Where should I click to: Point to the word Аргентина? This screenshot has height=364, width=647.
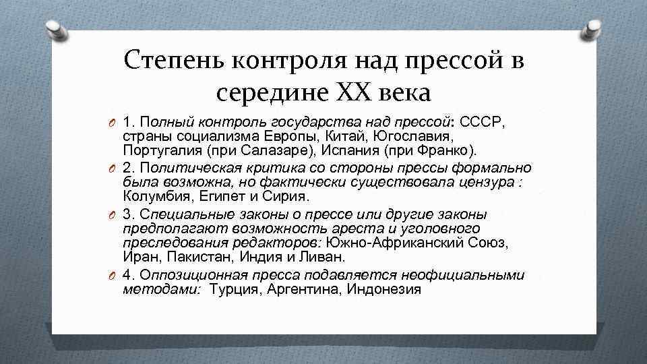coord(303,290)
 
